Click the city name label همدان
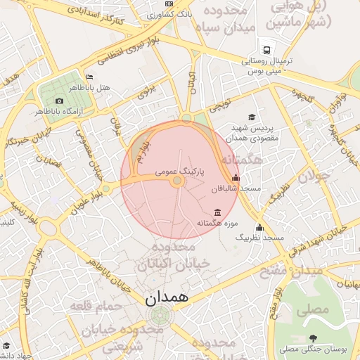coord(167,298)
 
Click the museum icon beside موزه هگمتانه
coord(217,212)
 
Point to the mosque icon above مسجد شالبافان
coord(235,179)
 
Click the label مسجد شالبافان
coord(240,189)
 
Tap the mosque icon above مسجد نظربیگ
coord(259,227)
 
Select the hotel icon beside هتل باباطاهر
coord(89,77)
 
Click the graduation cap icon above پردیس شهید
coord(252,117)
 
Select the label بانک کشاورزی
coord(172,14)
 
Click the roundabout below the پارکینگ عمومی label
coord(178,181)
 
